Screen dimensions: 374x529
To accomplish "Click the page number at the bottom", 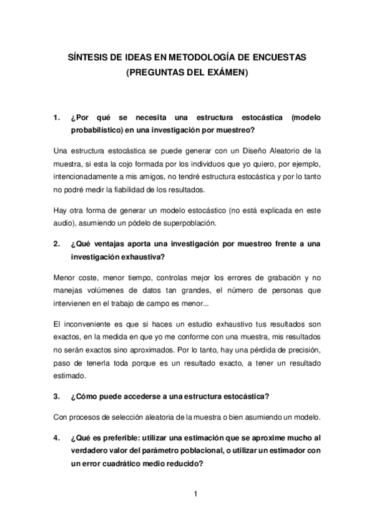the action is (195, 495).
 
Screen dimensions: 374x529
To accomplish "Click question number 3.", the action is (57, 396).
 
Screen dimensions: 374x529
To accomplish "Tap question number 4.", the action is (57, 437).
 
